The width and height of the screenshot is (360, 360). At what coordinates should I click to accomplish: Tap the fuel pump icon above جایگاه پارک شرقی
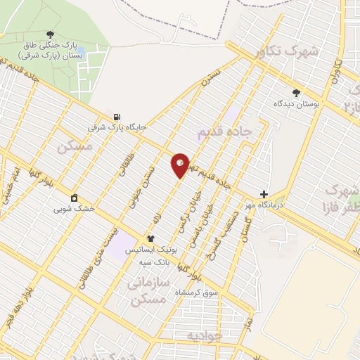click(x=116, y=117)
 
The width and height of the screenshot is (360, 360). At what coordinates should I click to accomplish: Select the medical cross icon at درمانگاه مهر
click(x=264, y=194)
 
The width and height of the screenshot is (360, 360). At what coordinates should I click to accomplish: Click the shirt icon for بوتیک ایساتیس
click(x=150, y=239)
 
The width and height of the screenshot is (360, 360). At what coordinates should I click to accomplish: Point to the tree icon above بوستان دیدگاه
click(x=296, y=92)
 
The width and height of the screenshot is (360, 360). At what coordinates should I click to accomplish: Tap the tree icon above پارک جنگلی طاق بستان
click(x=49, y=34)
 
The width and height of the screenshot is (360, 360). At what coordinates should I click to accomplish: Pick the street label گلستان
click(x=245, y=229)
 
